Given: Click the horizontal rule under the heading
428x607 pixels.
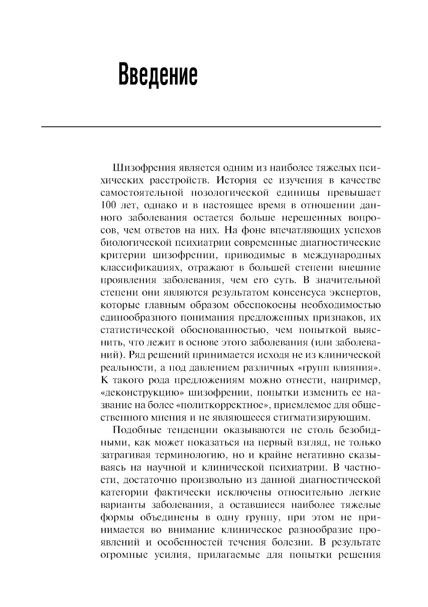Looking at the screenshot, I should [x=211, y=127].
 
